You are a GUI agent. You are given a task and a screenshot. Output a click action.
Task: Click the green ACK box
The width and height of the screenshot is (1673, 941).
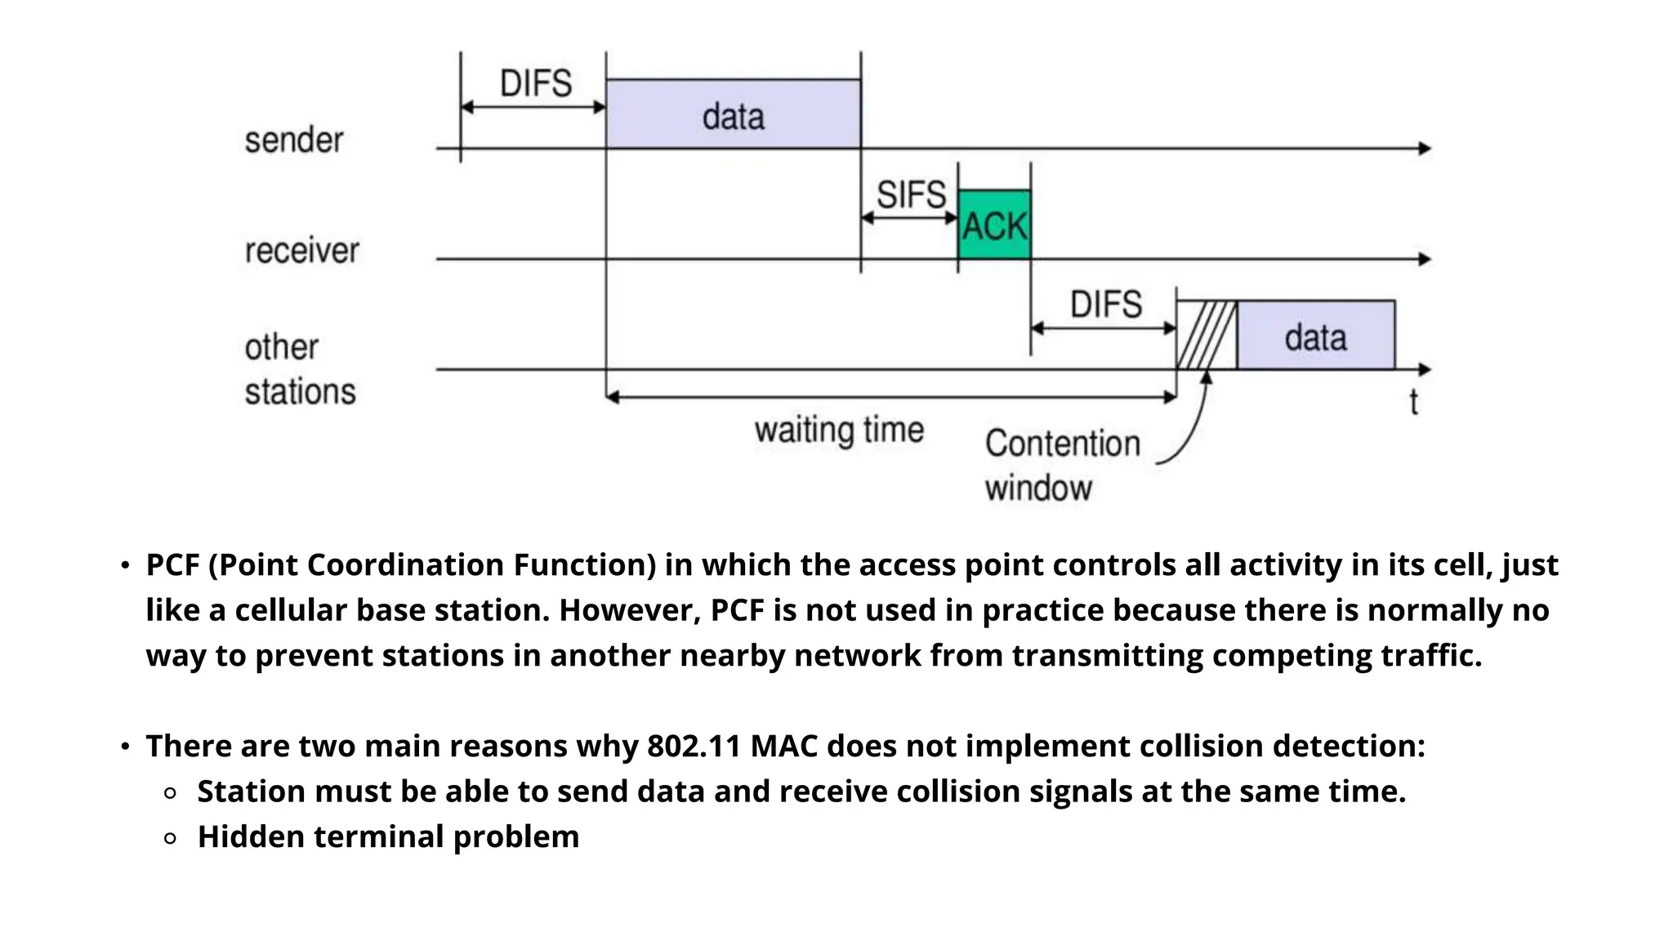[x=993, y=225]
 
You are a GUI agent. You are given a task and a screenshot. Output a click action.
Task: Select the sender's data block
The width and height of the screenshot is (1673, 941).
[x=733, y=114]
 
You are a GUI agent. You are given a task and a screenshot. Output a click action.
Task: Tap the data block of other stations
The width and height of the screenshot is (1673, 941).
[x=1315, y=336]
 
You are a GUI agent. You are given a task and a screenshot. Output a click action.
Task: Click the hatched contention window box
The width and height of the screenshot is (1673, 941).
[x=1207, y=336]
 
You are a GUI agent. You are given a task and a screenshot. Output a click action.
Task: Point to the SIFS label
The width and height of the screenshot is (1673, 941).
[x=910, y=195]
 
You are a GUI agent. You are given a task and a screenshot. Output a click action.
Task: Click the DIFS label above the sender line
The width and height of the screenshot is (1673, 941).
[x=535, y=83]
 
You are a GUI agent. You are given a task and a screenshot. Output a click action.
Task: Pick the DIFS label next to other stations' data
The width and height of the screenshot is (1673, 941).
[x=1105, y=305]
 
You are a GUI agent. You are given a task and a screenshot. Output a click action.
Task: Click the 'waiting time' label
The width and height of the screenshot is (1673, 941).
[x=839, y=430]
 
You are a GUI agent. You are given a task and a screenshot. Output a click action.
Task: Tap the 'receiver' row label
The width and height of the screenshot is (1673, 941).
[x=301, y=250]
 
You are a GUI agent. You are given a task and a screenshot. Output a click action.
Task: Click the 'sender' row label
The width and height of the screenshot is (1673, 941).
[x=294, y=140]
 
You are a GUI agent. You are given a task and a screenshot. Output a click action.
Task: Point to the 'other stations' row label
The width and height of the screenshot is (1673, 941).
[x=300, y=369]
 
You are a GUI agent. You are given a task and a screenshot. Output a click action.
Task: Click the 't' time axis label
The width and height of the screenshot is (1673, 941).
[x=1413, y=403]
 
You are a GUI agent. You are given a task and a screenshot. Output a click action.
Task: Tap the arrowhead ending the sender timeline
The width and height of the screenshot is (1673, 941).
[x=1425, y=149]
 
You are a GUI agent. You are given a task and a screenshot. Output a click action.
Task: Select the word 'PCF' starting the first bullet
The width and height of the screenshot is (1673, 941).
[x=172, y=565]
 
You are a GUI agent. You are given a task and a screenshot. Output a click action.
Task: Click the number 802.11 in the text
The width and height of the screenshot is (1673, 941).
[x=694, y=747]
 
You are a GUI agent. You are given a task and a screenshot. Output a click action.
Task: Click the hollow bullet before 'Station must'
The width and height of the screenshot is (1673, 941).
[x=170, y=792]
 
